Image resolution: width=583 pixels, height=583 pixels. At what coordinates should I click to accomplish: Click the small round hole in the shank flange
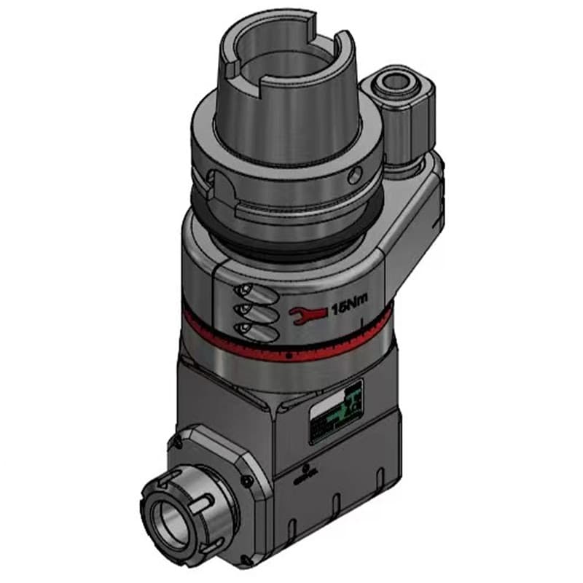coord(354,173)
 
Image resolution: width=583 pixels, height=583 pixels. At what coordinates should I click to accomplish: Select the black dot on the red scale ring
coord(289,356)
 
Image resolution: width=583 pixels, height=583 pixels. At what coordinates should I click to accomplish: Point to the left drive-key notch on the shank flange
coord(212,182)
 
